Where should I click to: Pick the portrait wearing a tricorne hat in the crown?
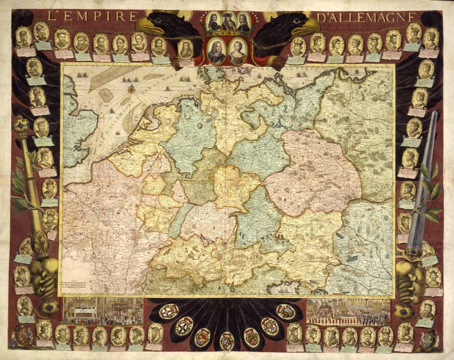tap(228, 22)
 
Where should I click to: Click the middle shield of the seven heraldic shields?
tap(227, 340)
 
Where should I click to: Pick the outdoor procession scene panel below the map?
tap(348, 311)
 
